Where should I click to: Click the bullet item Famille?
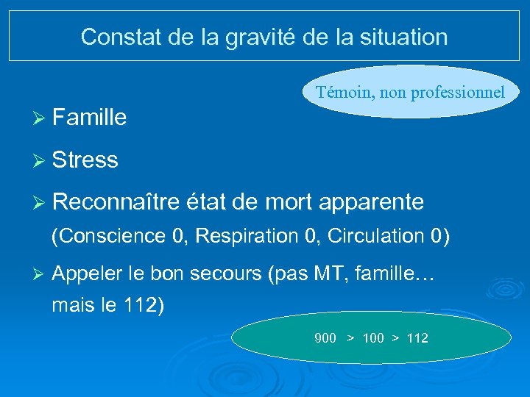click(x=90, y=118)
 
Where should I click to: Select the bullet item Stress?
click(x=85, y=160)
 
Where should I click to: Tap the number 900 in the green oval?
click(x=325, y=338)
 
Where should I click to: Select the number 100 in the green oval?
click(x=373, y=338)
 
